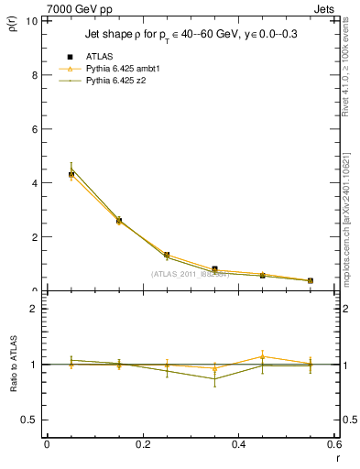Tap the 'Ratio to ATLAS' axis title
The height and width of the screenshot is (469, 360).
pos(13,365)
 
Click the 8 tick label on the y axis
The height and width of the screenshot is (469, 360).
pos(34,74)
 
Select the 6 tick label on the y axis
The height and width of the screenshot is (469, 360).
pos(34,128)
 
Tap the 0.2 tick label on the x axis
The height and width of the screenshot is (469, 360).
pos(142,444)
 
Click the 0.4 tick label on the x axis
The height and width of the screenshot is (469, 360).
pos(238,444)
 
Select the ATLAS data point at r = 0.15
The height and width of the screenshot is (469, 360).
pos(119,221)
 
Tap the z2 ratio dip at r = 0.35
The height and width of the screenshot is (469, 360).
pos(214,378)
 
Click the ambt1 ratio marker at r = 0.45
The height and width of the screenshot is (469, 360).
pos(262,356)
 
